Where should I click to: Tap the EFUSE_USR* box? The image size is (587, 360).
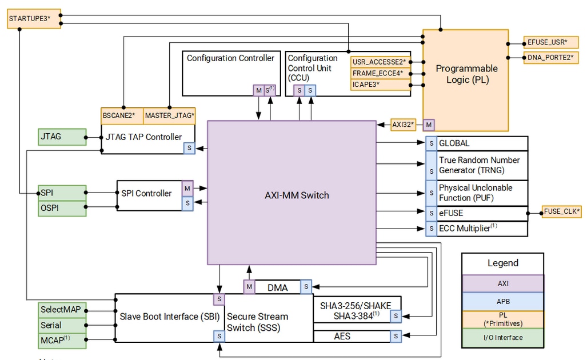pyautogui.click(x=548, y=42)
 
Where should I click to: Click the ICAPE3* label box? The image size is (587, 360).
pyautogui.click(x=381, y=85)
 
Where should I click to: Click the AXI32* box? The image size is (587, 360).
pyautogui.click(x=404, y=125)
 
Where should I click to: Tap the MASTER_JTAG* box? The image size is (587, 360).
pyautogui.click(x=169, y=115)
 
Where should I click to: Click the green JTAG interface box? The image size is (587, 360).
pyautogui.click(x=62, y=137)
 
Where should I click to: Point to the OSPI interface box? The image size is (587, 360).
pyautogui.click(x=62, y=208)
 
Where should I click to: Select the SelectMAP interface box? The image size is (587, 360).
pyautogui.click(x=62, y=310)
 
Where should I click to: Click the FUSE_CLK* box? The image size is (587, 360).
pyautogui.click(x=561, y=212)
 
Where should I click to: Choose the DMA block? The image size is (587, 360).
pyautogui.click(x=278, y=287)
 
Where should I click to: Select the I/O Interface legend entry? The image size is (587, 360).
pyautogui.click(x=503, y=338)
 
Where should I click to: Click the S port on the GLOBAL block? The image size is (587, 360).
pyautogui.click(x=432, y=143)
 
